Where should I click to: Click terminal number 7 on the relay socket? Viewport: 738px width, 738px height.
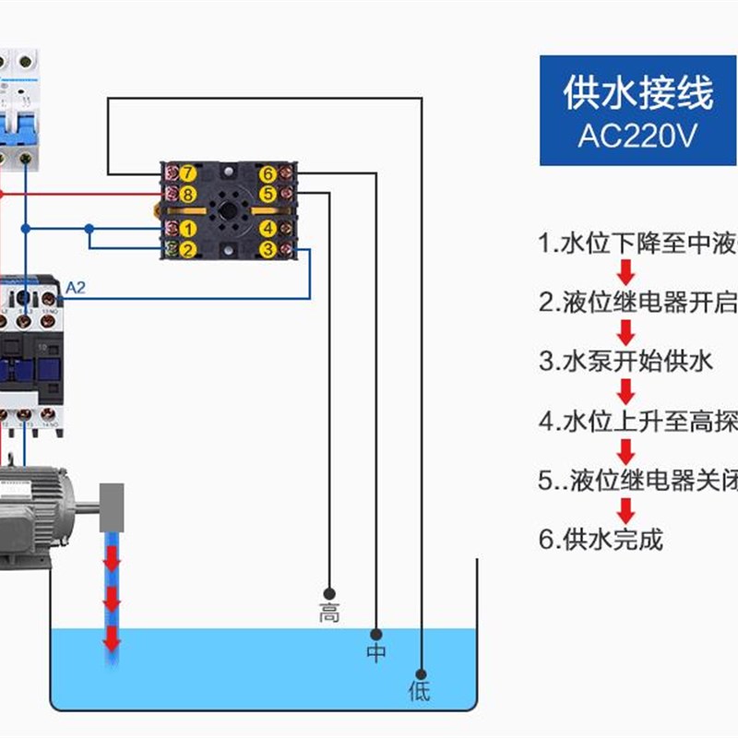187,173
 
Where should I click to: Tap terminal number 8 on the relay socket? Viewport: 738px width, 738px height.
187,194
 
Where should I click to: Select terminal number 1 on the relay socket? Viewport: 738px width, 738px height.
187,229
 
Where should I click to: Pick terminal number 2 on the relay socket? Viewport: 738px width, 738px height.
187,249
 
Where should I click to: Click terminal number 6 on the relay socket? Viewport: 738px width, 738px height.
268,173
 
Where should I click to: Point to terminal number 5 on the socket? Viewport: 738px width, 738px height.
268,194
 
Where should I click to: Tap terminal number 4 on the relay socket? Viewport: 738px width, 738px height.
268,229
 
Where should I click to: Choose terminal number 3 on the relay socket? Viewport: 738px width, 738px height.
268,249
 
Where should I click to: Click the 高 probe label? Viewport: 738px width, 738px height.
329,613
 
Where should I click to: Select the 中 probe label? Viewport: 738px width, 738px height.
375,653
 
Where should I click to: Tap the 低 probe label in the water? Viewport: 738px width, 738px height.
420,691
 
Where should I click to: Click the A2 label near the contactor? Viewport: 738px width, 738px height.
76,289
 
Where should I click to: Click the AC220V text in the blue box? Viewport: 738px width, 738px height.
637,136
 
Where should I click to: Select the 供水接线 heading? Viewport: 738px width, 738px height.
637,93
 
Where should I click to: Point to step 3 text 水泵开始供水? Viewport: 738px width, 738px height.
627,362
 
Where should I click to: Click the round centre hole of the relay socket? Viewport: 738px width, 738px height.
228,210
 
